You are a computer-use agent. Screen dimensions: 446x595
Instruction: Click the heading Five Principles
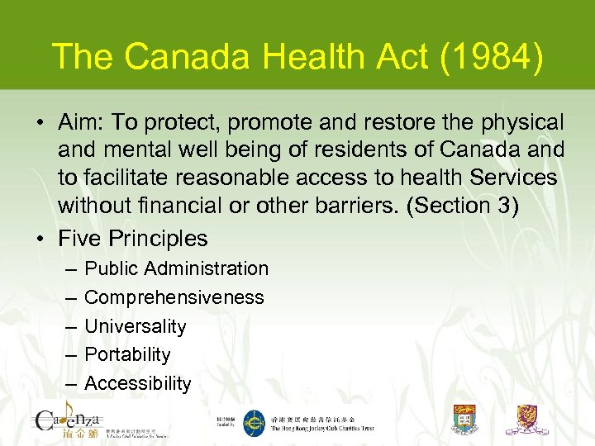click(x=133, y=239)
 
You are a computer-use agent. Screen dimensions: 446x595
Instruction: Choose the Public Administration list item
click(x=176, y=268)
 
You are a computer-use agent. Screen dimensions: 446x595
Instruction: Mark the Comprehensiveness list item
click(x=174, y=297)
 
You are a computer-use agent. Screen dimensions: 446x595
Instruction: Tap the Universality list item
click(x=136, y=326)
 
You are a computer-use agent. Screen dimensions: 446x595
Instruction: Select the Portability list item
click(x=127, y=354)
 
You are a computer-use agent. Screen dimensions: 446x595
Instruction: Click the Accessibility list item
click(x=137, y=383)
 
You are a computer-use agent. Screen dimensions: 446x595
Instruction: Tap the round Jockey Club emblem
click(x=252, y=420)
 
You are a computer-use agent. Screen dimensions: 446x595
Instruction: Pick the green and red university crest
click(x=465, y=419)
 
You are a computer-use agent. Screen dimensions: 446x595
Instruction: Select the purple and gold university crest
click(x=531, y=419)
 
